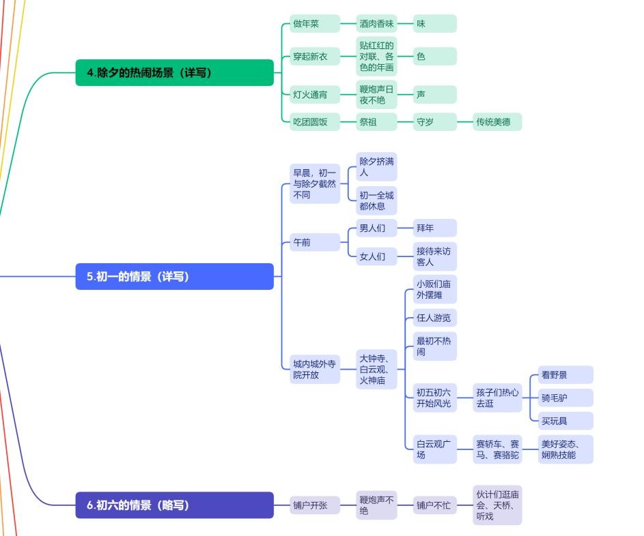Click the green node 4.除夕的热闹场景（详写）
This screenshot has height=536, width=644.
(174, 72)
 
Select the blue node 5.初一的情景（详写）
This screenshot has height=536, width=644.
(174, 276)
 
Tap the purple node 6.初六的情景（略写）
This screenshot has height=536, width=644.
(174, 505)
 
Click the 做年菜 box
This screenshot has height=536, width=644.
(314, 24)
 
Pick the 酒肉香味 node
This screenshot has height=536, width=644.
(376, 24)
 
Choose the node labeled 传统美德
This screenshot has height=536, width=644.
(498, 122)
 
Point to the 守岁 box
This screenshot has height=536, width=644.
(434, 122)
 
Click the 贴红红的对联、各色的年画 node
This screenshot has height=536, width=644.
(376, 57)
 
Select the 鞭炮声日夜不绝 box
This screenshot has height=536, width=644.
(376, 95)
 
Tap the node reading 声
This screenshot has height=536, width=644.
(434, 95)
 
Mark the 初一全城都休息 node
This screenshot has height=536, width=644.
(376, 200)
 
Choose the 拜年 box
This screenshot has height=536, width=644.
(434, 228)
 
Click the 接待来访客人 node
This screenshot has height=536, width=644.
(434, 256)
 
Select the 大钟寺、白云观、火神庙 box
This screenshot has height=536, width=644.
(376, 370)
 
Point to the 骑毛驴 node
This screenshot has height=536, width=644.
(561, 398)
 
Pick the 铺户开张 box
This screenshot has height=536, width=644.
(314, 505)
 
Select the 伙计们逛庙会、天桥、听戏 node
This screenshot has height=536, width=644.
(498, 505)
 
